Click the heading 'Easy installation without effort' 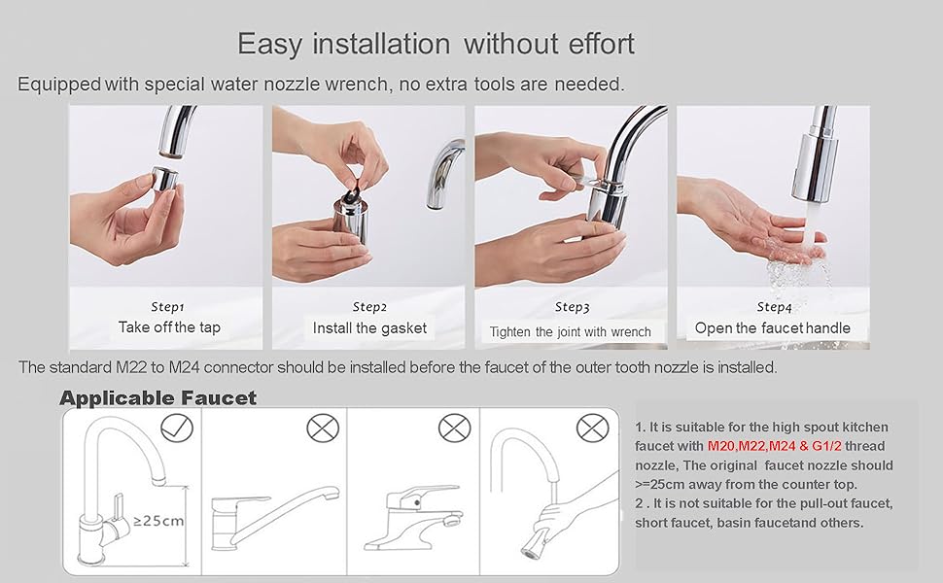tap(436, 44)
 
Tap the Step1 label tap(168, 306)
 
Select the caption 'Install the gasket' tap(369, 328)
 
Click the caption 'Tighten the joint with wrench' tap(571, 331)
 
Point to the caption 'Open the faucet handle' tap(772, 328)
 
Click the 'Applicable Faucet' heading tap(157, 397)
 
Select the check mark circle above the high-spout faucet tap(176, 427)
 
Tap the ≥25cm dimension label tap(158, 520)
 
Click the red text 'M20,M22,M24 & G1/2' tap(775, 445)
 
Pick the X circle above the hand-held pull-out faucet tap(592, 427)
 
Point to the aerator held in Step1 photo tap(165, 181)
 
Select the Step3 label tap(572, 307)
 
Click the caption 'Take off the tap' tap(169, 327)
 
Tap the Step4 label tap(774, 306)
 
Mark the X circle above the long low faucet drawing tap(323, 427)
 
